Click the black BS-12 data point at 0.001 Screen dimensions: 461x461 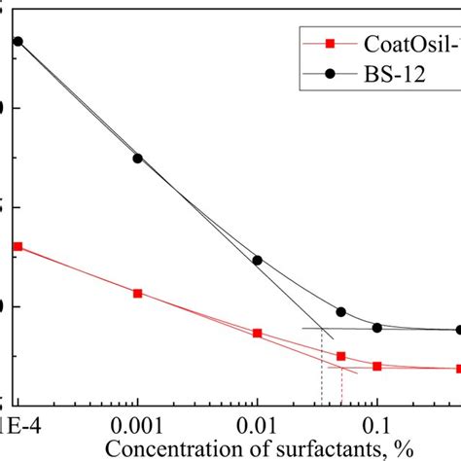tap(137, 159)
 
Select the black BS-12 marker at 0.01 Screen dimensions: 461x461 tap(257, 261)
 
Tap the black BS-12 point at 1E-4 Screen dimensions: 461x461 tap(18, 42)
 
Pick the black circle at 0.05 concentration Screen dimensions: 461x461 tap(340, 312)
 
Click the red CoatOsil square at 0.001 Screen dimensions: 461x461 tap(137, 293)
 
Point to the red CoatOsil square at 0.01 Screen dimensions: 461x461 tap(257, 334)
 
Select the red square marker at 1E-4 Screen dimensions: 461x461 tap(18, 247)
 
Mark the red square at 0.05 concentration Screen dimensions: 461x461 tap(340, 357)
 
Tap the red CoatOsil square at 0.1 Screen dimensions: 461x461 tap(376, 367)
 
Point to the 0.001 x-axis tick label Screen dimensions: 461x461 tap(137, 425)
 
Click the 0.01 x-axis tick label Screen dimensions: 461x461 tap(257, 425)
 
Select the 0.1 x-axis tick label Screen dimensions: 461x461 tap(376, 425)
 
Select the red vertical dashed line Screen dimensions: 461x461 tap(341, 389)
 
